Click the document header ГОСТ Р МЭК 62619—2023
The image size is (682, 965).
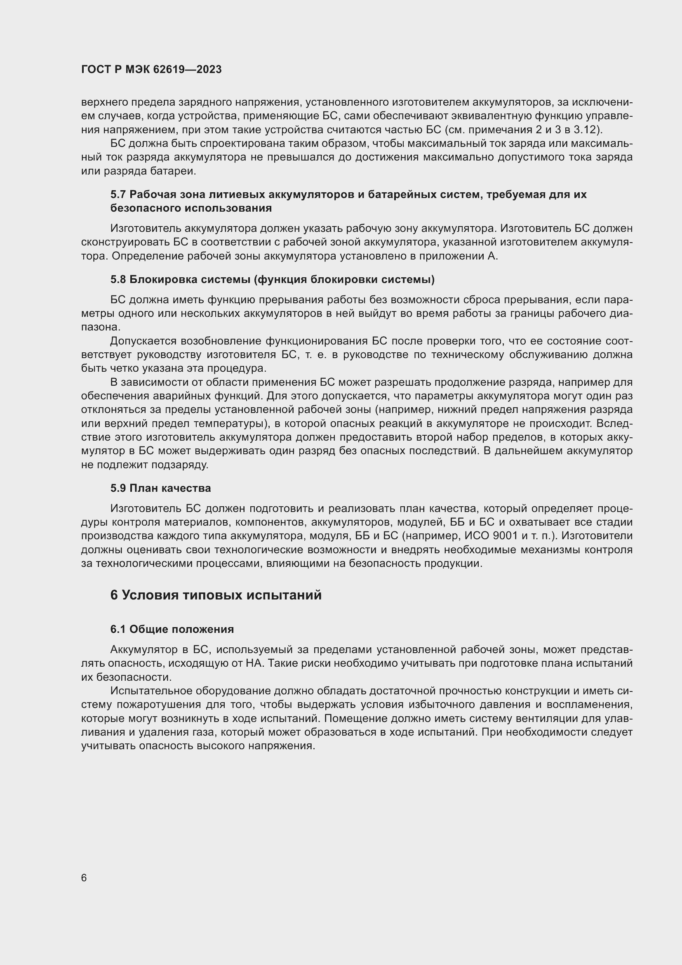click(x=151, y=70)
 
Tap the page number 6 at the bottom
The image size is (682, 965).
click(x=84, y=878)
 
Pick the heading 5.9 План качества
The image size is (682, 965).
click(x=160, y=488)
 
